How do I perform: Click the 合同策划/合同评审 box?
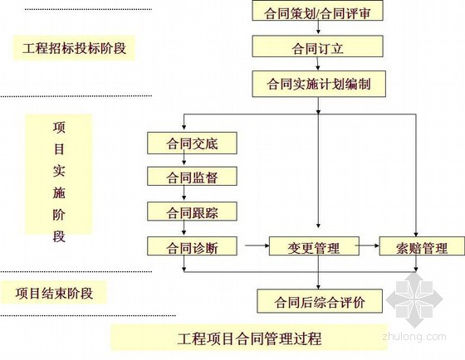tap(317, 11)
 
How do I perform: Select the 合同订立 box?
tap(317, 46)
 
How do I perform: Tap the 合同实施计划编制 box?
tap(319, 84)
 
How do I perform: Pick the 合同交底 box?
tap(192, 144)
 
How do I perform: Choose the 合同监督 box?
tap(192, 177)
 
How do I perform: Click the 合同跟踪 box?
tap(192, 212)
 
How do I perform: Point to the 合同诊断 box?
tap(192, 246)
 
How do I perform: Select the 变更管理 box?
tap(314, 246)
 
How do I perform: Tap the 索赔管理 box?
tap(422, 246)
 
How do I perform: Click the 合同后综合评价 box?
tap(320, 301)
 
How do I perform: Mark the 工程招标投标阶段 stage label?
tap(74, 48)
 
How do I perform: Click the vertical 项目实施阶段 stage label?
tap(59, 182)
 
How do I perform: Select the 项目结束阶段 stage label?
tap(54, 293)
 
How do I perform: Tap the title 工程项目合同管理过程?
tap(249, 338)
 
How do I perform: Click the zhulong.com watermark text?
tap(414, 337)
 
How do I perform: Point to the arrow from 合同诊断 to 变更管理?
tap(257, 246)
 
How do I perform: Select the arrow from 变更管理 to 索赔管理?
tap(367, 246)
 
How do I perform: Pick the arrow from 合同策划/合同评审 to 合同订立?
tap(318, 27)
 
